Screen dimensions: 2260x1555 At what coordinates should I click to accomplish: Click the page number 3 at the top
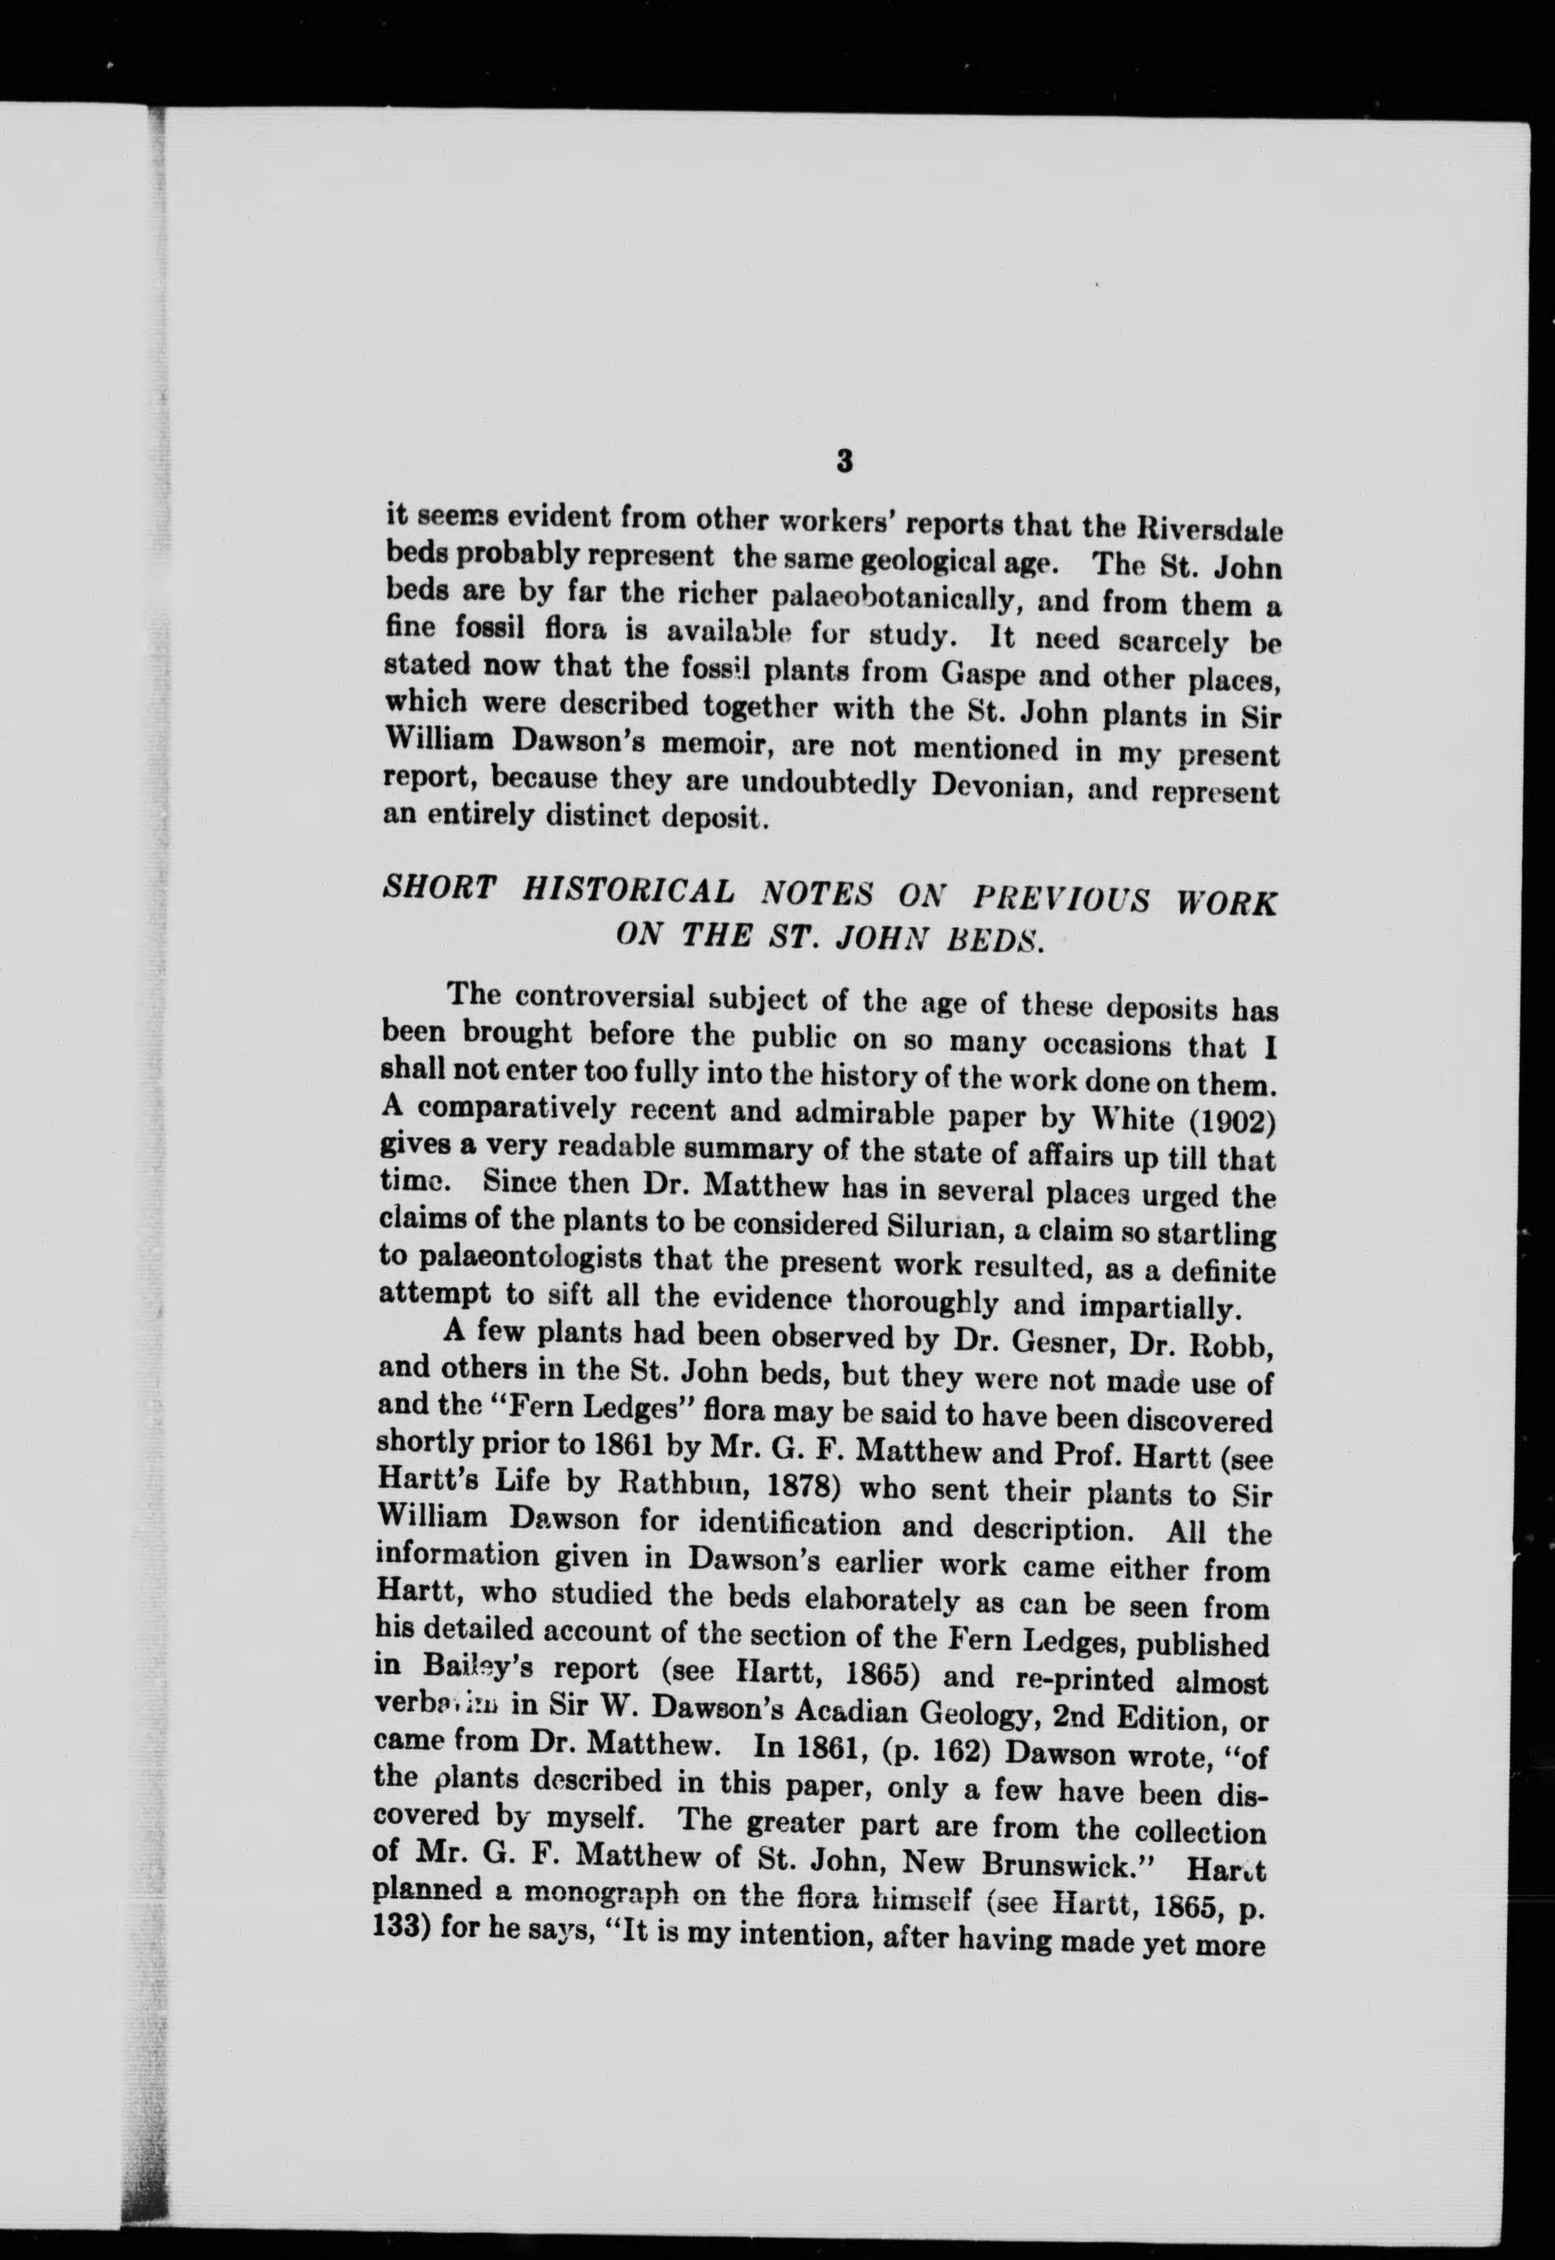coord(845,460)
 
